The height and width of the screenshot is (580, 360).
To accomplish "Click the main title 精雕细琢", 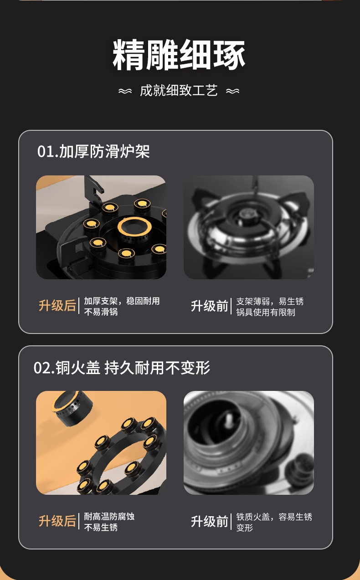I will pos(179,56).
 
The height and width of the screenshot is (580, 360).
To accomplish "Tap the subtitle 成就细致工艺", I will pos(179,91).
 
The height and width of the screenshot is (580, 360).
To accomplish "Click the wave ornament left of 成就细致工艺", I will pos(125,91).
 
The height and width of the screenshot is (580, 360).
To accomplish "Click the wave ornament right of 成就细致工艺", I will pos(232,91).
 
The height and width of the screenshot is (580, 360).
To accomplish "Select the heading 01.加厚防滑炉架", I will pos(93,152).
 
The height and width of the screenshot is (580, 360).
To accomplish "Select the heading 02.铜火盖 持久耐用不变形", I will pos(122,368).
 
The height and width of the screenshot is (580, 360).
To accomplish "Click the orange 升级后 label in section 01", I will pos(57,306).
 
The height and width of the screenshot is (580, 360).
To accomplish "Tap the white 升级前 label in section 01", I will pos(210,306).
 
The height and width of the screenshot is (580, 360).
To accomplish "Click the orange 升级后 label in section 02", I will pos(57,521).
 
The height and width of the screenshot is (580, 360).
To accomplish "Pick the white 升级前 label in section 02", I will pos(210,521).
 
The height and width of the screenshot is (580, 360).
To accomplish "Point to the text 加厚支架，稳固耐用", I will pos(122,301).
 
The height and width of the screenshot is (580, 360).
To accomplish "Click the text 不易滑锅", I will pos(101,312).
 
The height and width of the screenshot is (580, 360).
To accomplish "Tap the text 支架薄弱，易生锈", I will pos(270,301).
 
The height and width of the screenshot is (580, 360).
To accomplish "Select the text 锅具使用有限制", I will pos(266,312).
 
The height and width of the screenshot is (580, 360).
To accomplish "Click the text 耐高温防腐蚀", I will pos(109,516).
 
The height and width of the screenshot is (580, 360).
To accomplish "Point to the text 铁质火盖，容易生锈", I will pos(274,516).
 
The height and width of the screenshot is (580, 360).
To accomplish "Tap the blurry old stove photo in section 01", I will pos(249,227).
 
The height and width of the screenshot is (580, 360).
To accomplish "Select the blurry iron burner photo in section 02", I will pos(249,442).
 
